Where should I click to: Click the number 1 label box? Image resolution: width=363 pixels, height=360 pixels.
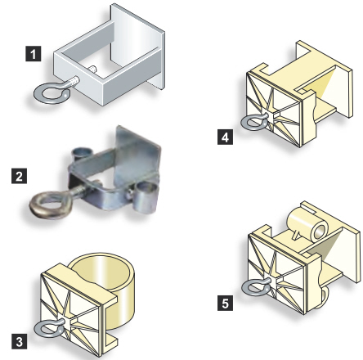coord(34,53)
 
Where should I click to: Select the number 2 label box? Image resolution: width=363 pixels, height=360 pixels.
coord(19,176)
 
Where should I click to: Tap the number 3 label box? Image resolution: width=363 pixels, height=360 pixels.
coord(19,341)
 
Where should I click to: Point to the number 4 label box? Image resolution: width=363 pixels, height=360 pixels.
coord(225,137)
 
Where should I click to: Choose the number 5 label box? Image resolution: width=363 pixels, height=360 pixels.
coord(225,303)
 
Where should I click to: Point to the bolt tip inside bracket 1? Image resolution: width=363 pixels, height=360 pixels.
coord(93,69)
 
